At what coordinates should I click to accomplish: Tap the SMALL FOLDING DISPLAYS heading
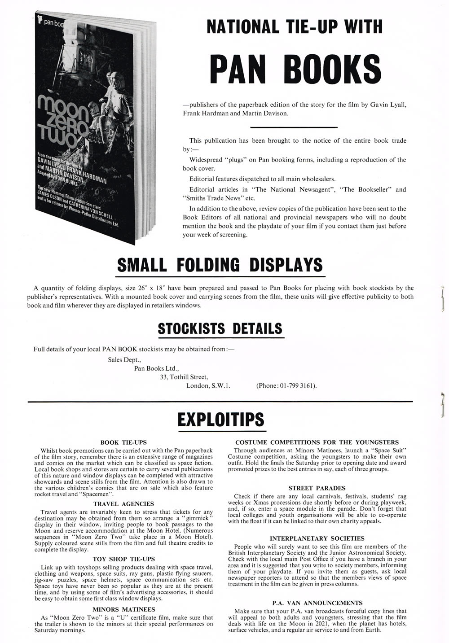pyautogui.click(x=220, y=265)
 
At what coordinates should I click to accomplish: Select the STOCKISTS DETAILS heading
pyautogui.click(x=220, y=328)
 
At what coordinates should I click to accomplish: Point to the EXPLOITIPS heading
pyautogui.click(x=220, y=419)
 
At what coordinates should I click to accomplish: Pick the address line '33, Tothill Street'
pyautogui.click(x=184, y=377)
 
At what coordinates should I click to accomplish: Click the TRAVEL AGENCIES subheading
pyautogui.click(x=123, y=504)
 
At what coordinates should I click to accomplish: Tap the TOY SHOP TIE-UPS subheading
pyautogui.click(x=123, y=559)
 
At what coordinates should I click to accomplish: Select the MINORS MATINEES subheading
pyautogui.click(x=123, y=609)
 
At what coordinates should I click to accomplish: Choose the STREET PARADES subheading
pyautogui.click(x=317, y=488)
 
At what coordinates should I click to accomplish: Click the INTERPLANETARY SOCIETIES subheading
pyautogui.click(x=317, y=538)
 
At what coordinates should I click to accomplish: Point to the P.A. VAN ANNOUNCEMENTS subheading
pyautogui.click(x=317, y=603)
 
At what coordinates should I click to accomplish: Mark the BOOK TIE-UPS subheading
pyautogui.click(x=123, y=442)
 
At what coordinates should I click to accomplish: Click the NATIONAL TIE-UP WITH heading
pyautogui.click(x=295, y=27)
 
